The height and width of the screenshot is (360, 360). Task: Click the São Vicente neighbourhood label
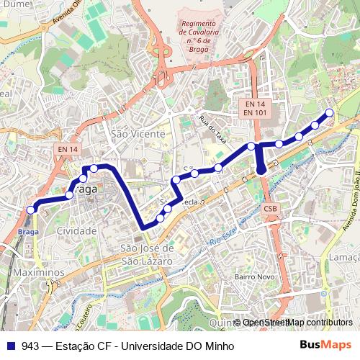(139, 134)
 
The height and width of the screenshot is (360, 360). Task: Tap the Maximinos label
(33, 274)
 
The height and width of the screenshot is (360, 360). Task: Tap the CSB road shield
(270, 209)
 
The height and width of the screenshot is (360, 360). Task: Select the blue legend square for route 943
(9, 346)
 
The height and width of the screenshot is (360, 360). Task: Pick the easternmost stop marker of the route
(330, 112)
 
